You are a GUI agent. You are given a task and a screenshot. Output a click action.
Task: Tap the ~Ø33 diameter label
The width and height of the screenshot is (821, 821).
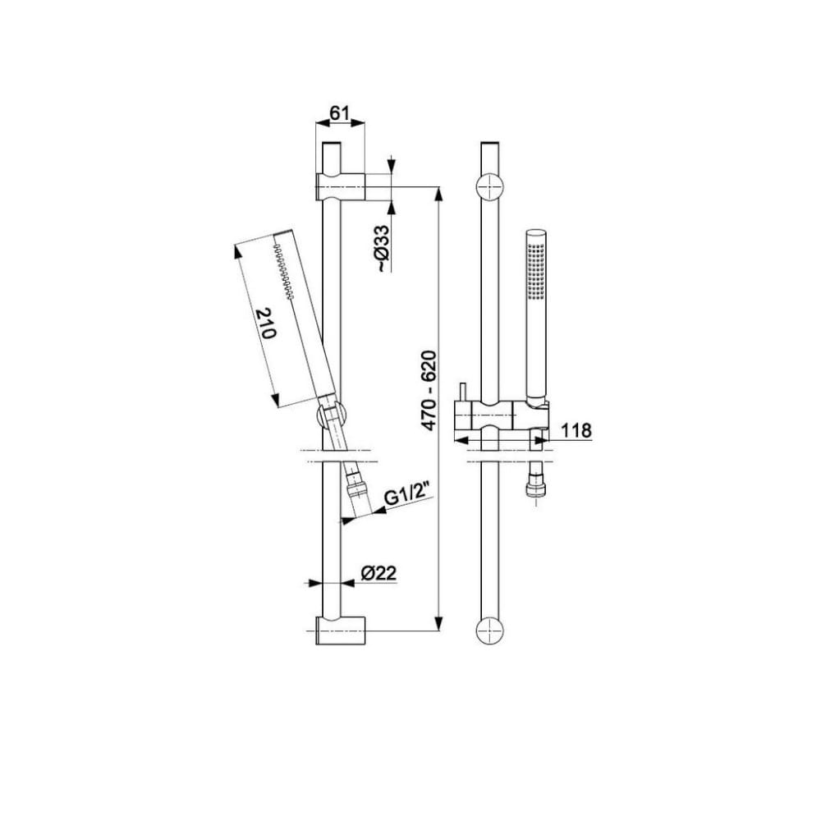(x=383, y=249)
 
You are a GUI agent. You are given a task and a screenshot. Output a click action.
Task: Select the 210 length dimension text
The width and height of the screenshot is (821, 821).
(x=265, y=323)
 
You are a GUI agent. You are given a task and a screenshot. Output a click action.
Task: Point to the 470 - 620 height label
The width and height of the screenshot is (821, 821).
(x=429, y=391)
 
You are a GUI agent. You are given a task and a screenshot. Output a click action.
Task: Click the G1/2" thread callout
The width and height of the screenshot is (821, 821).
(x=407, y=497)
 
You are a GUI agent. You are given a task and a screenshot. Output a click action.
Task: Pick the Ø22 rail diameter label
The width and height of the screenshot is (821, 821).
(x=378, y=573)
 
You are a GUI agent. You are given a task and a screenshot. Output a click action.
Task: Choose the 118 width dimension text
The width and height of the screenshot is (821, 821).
(x=576, y=430)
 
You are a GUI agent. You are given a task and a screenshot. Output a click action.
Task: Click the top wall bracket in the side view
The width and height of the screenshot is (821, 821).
(x=341, y=186)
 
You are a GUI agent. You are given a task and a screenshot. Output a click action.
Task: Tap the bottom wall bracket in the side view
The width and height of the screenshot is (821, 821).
(x=341, y=631)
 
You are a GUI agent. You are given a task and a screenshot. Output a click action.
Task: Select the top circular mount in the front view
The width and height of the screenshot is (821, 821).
(x=490, y=186)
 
